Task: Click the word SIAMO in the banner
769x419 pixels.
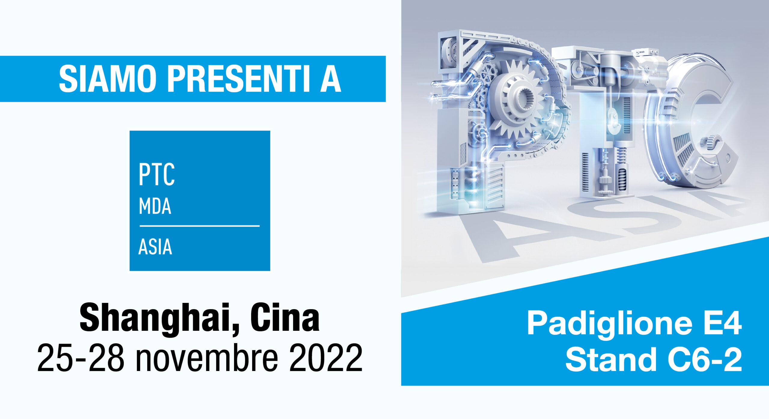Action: [108, 79]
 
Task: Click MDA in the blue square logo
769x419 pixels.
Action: [155, 206]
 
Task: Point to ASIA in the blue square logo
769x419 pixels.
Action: [155, 247]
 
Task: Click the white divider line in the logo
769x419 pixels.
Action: [199, 226]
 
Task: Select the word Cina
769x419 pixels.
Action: [285, 318]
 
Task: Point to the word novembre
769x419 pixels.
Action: [207, 358]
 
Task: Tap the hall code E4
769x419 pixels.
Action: [722, 323]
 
